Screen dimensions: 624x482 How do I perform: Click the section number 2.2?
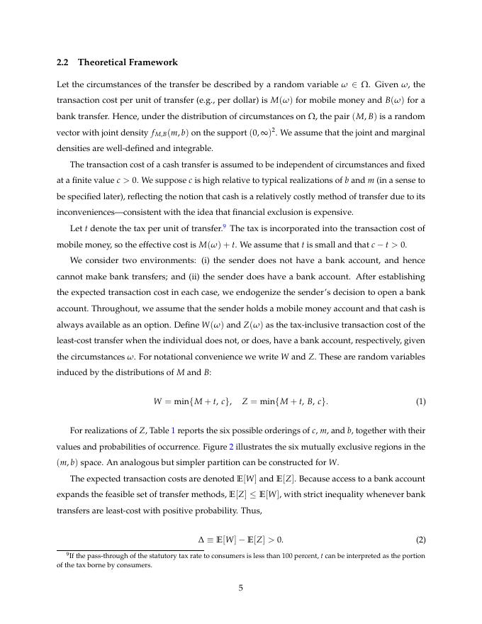(64, 62)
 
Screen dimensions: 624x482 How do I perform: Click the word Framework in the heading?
(152, 62)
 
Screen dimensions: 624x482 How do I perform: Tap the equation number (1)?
(420, 401)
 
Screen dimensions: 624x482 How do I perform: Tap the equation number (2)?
(420, 540)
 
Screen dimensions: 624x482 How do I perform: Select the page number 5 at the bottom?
(241, 586)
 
